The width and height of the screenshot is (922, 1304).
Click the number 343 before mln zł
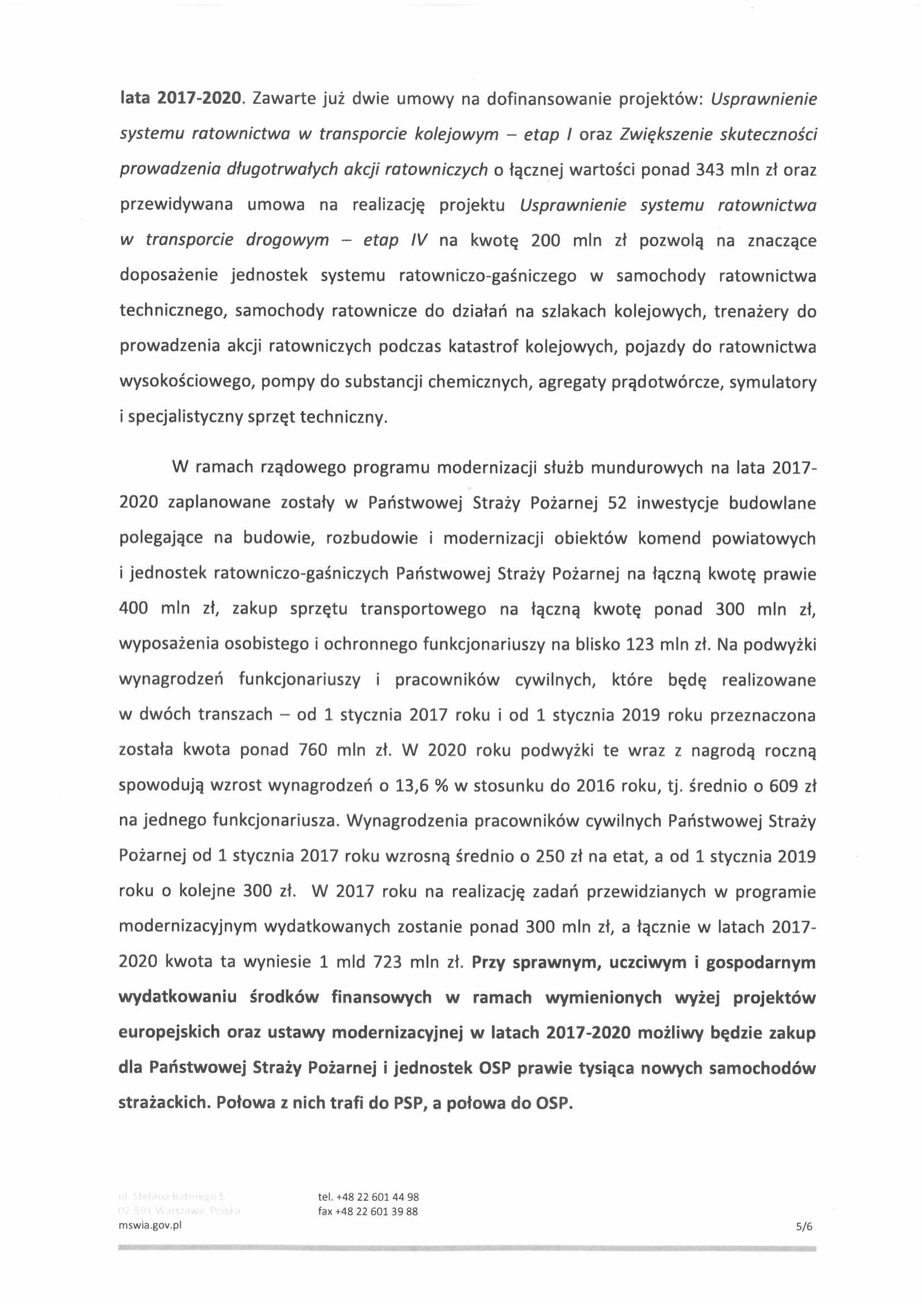pyautogui.click(x=715, y=169)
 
